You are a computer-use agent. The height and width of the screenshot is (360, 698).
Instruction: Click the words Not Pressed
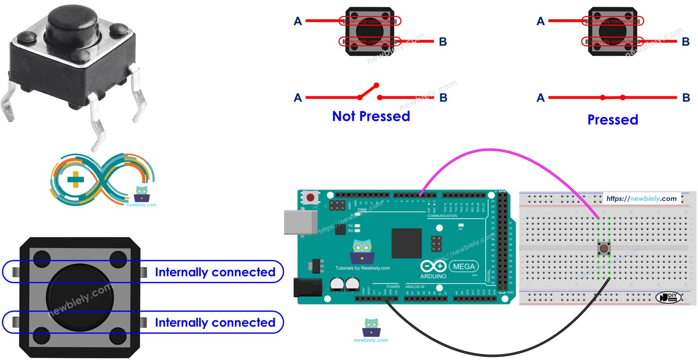tap(371, 116)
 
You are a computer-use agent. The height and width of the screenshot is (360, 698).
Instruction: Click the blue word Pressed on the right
tap(613, 120)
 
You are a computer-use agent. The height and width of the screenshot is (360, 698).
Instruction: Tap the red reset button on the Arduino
tap(311, 197)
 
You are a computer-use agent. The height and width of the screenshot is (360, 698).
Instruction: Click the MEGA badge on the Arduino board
tap(464, 266)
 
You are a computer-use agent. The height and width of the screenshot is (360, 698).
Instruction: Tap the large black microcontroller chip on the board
tap(405, 243)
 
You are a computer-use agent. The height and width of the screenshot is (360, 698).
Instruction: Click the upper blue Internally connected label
tap(215, 272)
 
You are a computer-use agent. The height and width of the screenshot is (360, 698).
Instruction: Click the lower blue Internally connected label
tap(215, 323)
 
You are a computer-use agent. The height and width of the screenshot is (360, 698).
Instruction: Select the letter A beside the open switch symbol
tap(298, 98)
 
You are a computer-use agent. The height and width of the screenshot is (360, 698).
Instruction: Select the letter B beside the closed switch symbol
tap(686, 98)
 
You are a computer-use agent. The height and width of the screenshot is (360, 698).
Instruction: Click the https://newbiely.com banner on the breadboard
tap(642, 199)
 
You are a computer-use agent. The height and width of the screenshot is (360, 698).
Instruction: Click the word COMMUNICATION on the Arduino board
tap(442, 216)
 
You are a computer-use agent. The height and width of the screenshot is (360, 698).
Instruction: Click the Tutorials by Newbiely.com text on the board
tap(362, 268)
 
